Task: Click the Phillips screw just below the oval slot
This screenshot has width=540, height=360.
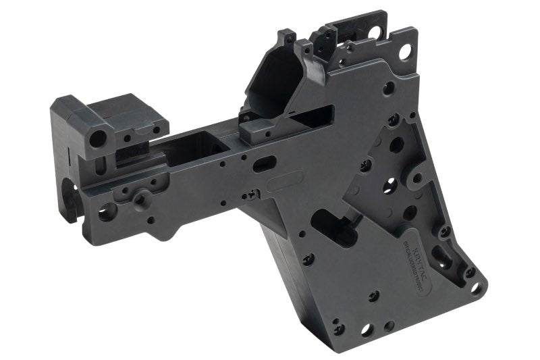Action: click(x=253, y=195)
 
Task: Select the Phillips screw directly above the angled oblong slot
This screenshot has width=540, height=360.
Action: click(x=445, y=231)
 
